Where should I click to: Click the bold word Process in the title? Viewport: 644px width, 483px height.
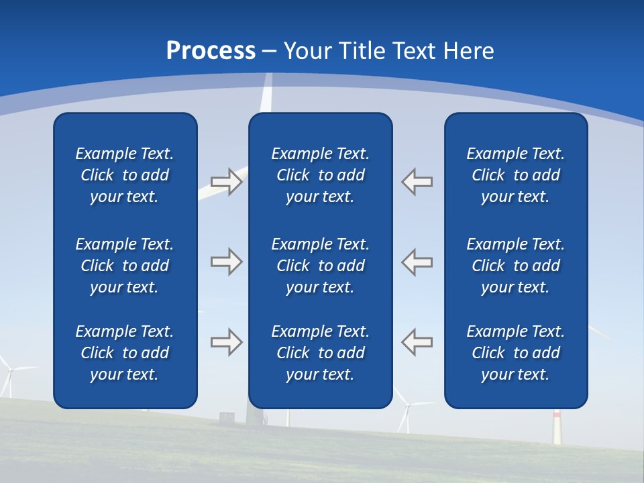(x=211, y=51)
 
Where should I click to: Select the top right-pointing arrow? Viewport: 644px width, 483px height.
(x=226, y=182)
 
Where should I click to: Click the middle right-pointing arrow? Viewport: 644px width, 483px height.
(x=226, y=262)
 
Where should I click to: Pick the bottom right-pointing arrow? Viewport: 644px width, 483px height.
(x=226, y=342)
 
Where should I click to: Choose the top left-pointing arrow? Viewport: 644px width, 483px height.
(x=417, y=182)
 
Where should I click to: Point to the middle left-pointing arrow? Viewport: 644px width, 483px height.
(x=417, y=262)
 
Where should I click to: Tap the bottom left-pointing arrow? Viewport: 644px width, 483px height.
(x=417, y=342)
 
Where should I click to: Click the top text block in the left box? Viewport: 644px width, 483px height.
(x=125, y=175)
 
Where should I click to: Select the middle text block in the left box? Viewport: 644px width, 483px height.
(x=125, y=266)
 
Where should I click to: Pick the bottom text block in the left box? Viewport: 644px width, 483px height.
(x=125, y=353)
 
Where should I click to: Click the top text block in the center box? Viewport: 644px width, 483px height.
(x=320, y=175)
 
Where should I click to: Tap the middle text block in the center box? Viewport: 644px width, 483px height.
(x=320, y=266)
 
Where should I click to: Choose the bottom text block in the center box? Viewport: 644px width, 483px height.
(x=320, y=353)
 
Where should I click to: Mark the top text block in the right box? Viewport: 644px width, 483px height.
(x=515, y=175)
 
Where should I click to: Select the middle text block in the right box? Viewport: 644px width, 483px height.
(x=515, y=266)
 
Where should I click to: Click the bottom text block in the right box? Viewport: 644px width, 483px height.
(x=515, y=353)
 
